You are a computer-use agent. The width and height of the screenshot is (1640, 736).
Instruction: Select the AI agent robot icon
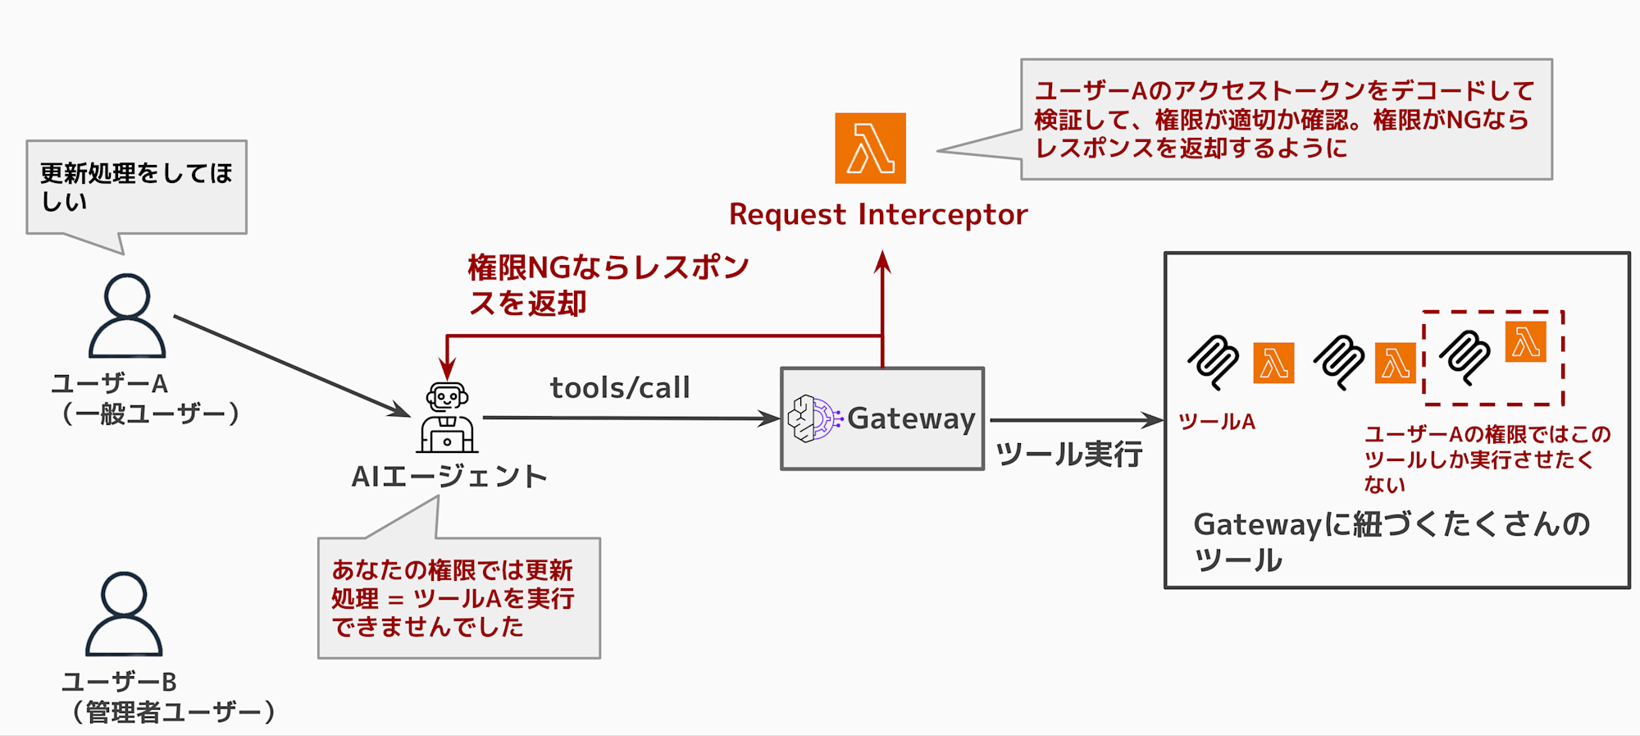pyautogui.click(x=447, y=418)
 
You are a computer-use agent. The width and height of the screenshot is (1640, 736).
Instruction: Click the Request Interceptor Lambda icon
pyautogui.click(x=870, y=149)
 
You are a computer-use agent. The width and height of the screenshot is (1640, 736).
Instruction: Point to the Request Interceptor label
pyautogui.click(x=877, y=214)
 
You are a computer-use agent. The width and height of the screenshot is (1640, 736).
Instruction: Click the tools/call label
pyautogui.click(x=620, y=387)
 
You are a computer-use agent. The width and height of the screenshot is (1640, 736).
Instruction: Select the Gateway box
pyautogui.click(x=882, y=418)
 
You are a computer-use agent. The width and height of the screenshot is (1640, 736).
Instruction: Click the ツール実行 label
pyautogui.click(x=1068, y=454)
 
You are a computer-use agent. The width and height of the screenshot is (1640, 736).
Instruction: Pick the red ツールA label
pyautogui.click(x=1217, y=422)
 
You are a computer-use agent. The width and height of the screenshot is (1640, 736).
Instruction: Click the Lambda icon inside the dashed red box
pyautogui.click(x=1525, y=342)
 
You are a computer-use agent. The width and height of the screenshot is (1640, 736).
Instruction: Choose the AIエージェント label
pyautogui.click(x=449, y=477)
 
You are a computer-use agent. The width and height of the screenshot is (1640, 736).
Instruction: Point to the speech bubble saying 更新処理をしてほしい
pyautogui.click(x=136, y=187)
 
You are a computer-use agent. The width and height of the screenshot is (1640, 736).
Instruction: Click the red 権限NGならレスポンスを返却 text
pyautogui.click(x=607, y=285)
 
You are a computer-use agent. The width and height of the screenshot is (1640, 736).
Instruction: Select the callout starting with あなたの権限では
pyautogui.click(x=459, y=598)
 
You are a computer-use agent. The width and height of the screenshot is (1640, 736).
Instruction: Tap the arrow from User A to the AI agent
pyautogui.click(x=291, y=365)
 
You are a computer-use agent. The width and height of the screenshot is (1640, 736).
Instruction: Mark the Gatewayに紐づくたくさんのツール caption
pyautogui.click(x=1391, y=542)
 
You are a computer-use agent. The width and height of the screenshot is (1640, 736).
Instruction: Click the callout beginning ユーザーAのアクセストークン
pyautogui.click(x=1286, y=119)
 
